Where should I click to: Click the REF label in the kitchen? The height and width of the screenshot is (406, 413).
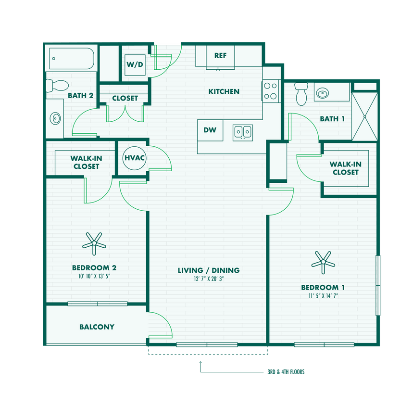click(x=220, y=55)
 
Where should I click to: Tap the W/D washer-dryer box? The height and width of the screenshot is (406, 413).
click(x=135, y=64)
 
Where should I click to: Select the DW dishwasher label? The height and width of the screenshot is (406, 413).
click(x=209, y=130)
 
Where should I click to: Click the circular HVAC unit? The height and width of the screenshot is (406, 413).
click(x=135, y=157)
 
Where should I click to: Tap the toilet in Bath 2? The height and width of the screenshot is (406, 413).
click(x=57, y=86)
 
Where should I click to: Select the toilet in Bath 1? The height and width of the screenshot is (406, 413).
click(x=301, y=93)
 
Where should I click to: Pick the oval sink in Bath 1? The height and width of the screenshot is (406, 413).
click(x=331, y=92)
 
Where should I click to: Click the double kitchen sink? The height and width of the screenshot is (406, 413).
click(x=243, y=131)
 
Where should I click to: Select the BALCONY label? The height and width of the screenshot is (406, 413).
click(x=97, y=327)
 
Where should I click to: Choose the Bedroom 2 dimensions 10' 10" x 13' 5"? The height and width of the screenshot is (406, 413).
click(x=94, y=277)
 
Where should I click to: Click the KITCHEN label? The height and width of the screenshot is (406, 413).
click(x=224, y=91)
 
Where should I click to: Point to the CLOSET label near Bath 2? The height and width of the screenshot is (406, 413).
click(x=125, y=98)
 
